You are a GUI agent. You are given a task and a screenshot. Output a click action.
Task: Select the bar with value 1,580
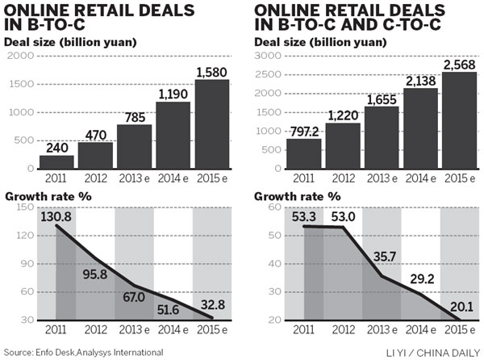[x=211, y=125]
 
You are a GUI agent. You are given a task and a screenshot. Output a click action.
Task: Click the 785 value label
[x=133, y=118]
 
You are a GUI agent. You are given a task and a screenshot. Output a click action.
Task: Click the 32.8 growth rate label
[x=211, y=304]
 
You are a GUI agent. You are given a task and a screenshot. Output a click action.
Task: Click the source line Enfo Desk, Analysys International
[x=83, y=352]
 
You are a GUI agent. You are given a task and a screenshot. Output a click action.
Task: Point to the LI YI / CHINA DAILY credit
[x=436, y=352]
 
